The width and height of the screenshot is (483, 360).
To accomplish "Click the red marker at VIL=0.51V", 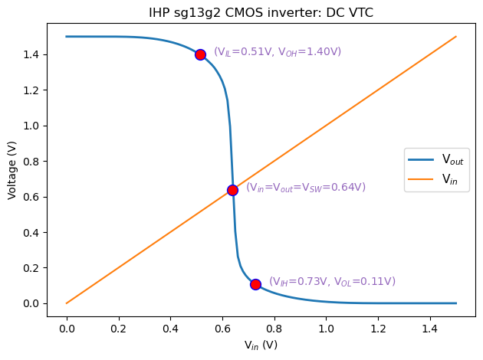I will click(200, 54).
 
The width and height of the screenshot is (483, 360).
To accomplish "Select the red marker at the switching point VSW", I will click(232, 190).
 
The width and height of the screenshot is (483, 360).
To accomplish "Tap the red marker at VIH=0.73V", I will click(255, 284).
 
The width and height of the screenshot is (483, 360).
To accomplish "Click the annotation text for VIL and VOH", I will click(277, 52).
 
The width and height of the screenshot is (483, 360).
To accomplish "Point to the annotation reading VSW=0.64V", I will click(305, 188).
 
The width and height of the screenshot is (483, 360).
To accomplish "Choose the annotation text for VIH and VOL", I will click(332, 282).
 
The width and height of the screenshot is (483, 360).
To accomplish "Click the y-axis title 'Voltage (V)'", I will click(12, 170).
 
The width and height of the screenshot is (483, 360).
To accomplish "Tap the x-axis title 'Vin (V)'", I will click(261, 345).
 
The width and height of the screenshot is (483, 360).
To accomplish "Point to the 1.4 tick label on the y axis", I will click(40, 55).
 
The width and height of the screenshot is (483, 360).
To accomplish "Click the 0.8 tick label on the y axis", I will click(40, 162).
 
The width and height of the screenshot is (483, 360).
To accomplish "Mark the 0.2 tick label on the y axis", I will click(40, 268).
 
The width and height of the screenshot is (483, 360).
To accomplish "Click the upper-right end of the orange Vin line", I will click(456, 37).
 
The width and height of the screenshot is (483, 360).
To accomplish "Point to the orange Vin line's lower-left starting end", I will click(67, 303).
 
